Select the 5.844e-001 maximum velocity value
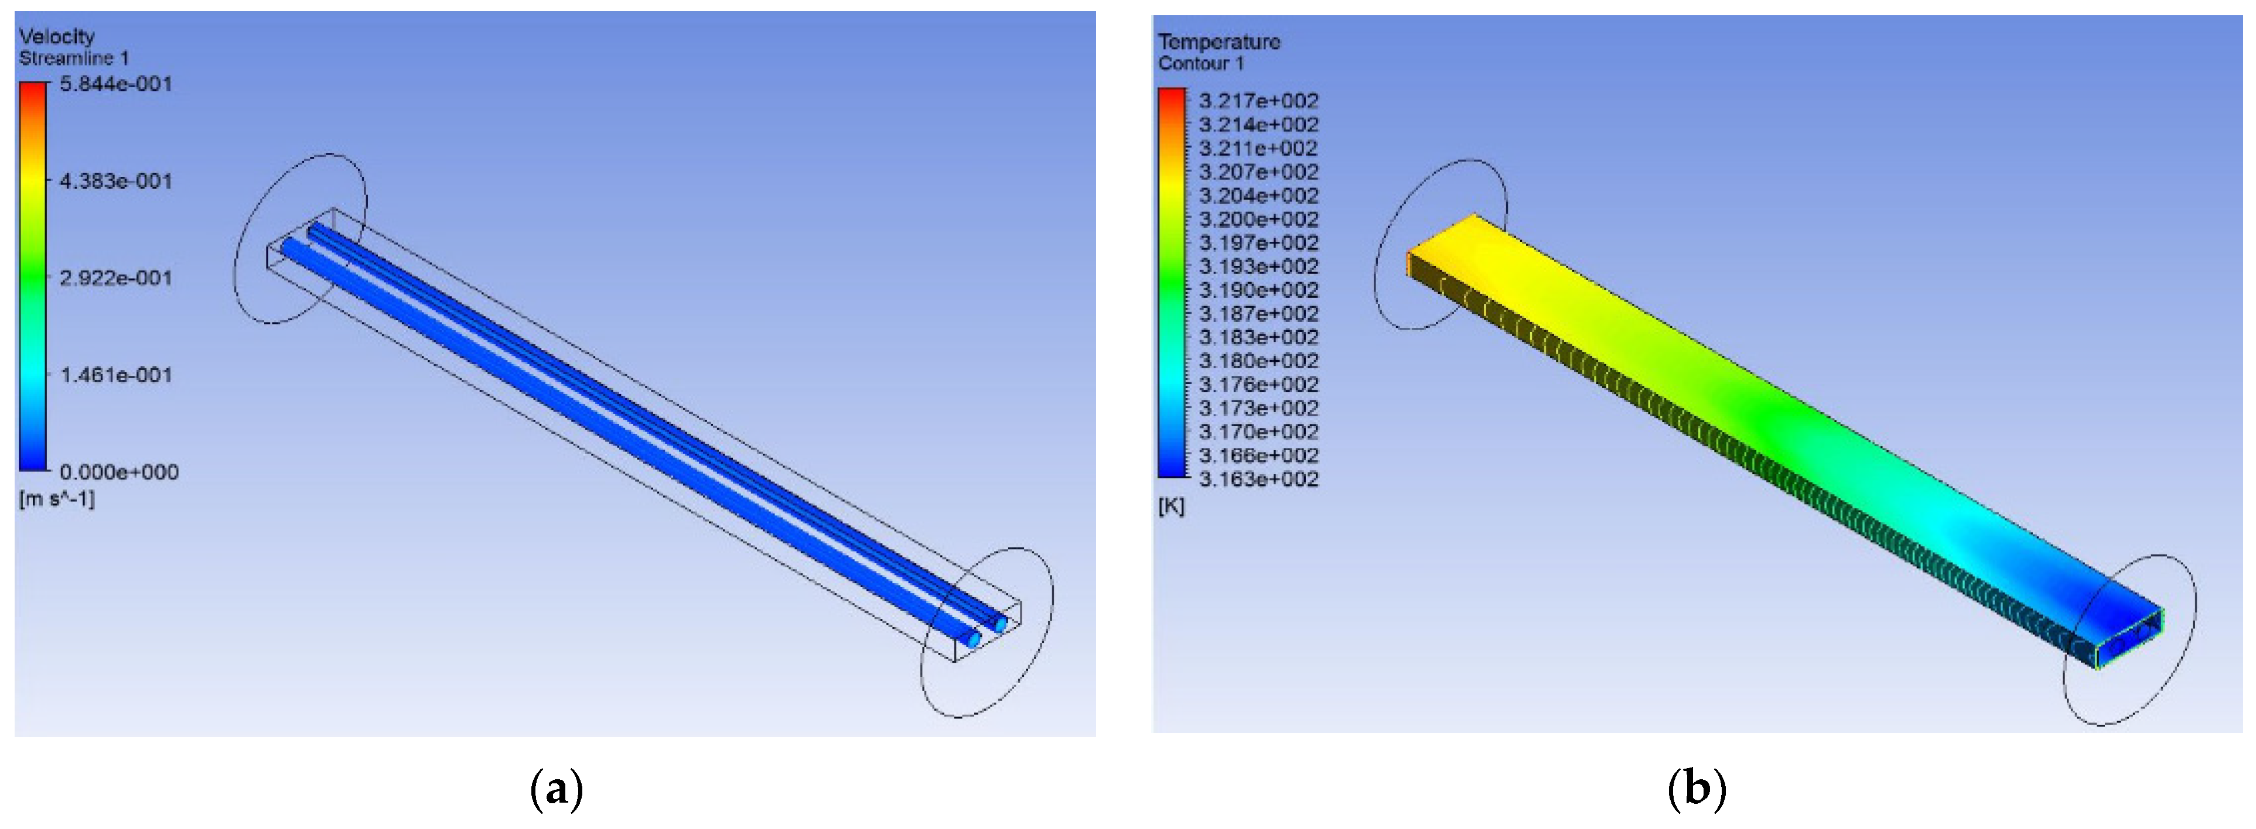click(115, 84)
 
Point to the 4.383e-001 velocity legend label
click(115, 181)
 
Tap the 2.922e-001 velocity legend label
click(115, 278)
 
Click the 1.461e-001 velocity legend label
click(115, 375)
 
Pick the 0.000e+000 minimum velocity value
click(119, 472)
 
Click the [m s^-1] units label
click(57, 499)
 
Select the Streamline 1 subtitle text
click(74, 59)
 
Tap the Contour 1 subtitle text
click(1201, 64)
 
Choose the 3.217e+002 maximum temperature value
click(1258, 101)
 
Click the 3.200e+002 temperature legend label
click(1258, 219)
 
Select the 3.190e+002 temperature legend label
click(1258, 290)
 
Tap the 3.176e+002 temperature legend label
click(1258, 384)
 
